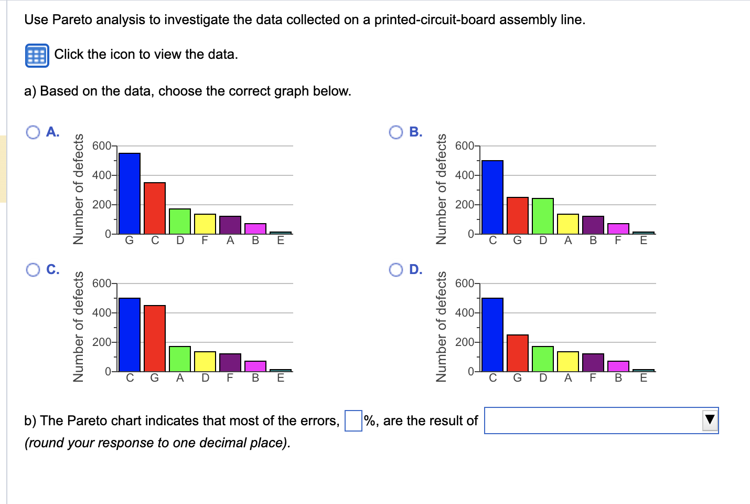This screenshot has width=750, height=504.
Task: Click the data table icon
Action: pyautogui.click(x=37, y=55)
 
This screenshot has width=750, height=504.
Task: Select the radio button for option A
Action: pyautogui.click(x=33, y=132)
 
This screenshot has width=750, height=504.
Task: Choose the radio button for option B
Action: pyautogui.click(x=396, y=132)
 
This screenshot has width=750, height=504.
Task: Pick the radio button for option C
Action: pyautogui.click(x=33, y=270)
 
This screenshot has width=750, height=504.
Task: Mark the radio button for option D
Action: pyautogui.click(x=396, y=270)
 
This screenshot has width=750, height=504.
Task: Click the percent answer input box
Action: pyautogui.click(x=353, y=421)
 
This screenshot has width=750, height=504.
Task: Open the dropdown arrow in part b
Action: pyautogui.click(x=710, y=420)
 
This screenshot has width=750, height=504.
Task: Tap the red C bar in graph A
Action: pyautogui.click(x=155, y=208)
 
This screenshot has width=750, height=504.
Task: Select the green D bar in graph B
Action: pyautogui.click(x=543, y=216)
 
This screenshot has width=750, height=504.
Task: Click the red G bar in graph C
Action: pyautogui.click(x=155, y=338)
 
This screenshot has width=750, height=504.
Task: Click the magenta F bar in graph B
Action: pyautogui.click(x=618, y=228)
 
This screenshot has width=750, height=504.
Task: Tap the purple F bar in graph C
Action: pyautogui.click(x=230, y=362)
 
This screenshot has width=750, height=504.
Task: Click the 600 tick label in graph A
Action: pyautogui.click(x=101, y=145)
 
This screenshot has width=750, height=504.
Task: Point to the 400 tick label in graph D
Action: pyautogui.click(x=464, y=313)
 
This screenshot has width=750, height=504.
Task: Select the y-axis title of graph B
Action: pyautogui.click(x=442, y=189)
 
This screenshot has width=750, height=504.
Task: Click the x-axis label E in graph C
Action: pyautogui.click(x=281, y=378)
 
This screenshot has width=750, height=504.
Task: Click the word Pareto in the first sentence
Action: pyautogui.click(x=72, y=20)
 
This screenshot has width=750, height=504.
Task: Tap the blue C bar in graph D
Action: pyautogui.click(x=492, y=334)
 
